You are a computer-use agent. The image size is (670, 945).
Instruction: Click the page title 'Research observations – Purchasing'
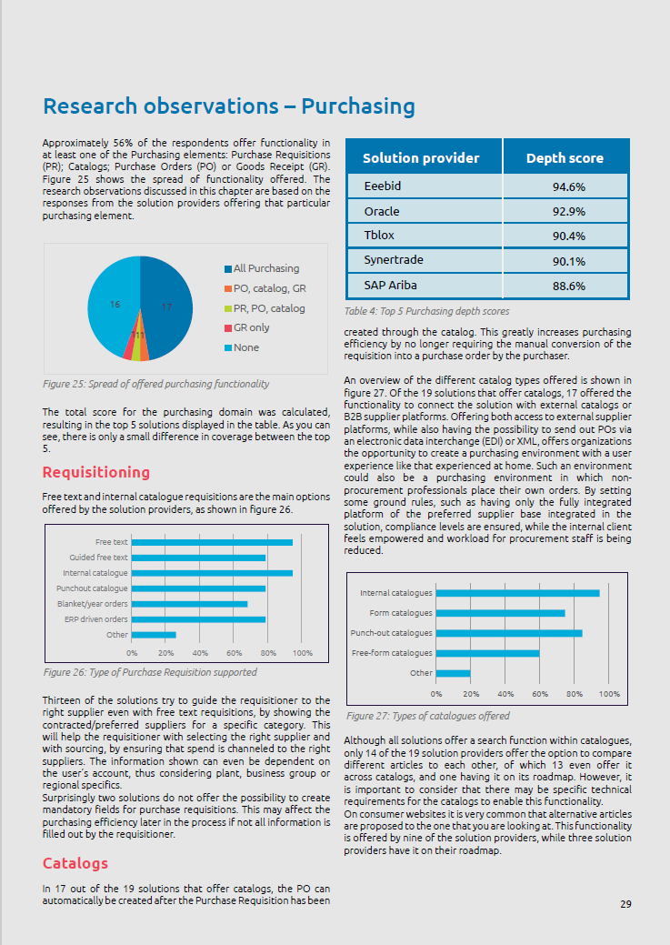[228, 106]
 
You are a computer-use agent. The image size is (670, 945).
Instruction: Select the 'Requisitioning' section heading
[95, 472]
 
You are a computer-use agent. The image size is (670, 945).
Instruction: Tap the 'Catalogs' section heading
[75, 862]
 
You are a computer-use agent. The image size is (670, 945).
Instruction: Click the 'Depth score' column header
[565, 158]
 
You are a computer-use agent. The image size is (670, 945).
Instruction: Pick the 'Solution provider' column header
[421, 158]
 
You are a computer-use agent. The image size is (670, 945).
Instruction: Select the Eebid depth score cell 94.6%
[568, 187]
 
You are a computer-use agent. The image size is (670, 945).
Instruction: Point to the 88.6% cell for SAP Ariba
[568, 286]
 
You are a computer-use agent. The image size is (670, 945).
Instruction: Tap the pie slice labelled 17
[168, 305]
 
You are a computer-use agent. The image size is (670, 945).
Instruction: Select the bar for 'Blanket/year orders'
[189, 604]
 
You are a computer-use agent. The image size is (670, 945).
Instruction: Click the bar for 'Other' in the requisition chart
[154, 635]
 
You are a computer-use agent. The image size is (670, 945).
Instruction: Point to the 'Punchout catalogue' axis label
[91, 588]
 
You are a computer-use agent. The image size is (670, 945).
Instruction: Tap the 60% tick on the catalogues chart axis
[540, 693]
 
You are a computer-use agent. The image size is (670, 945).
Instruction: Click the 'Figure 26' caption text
[150, 672]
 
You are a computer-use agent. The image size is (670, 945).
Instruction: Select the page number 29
[625, 904]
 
